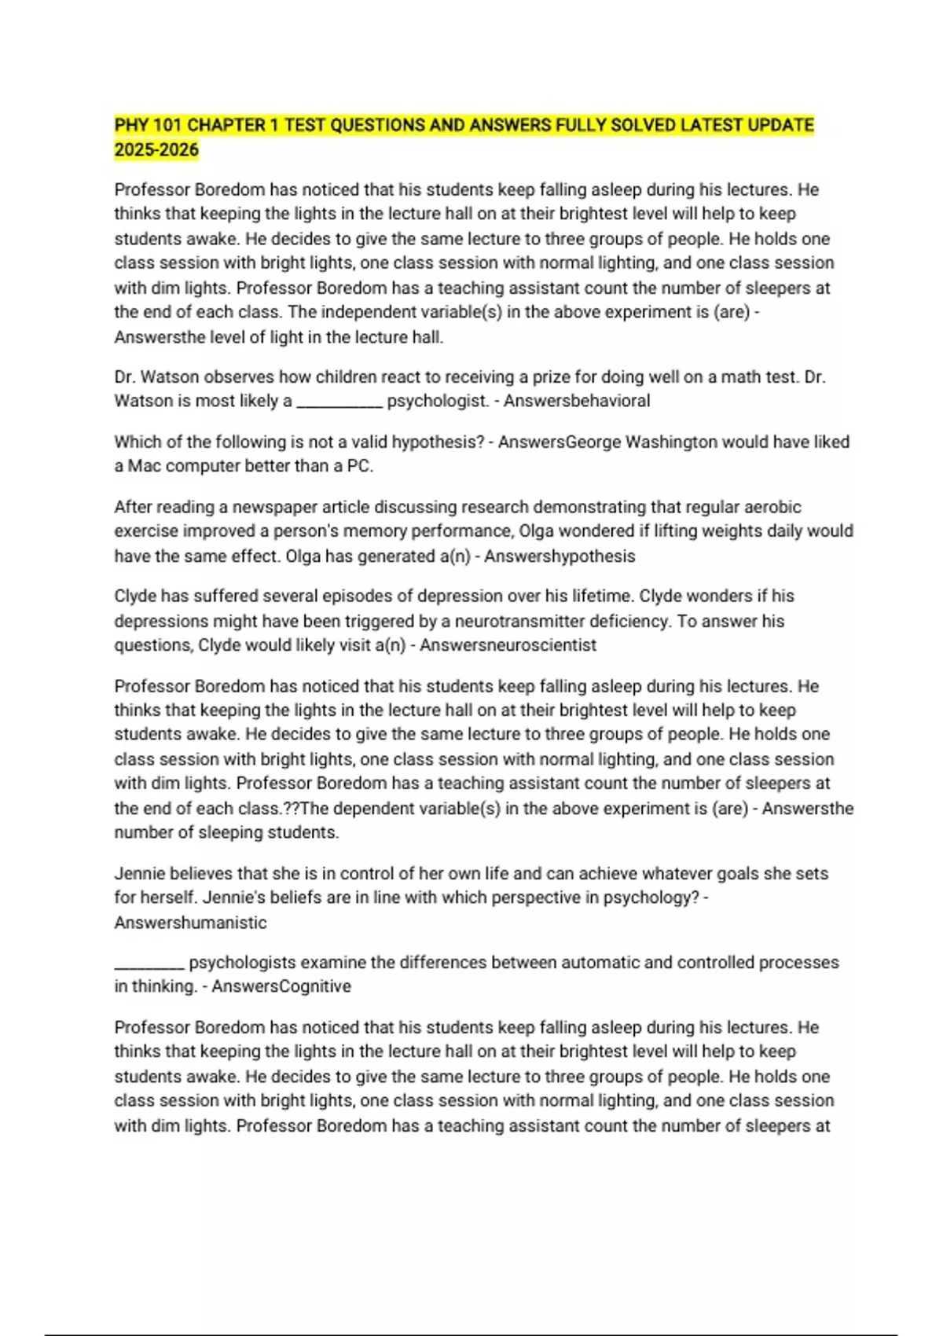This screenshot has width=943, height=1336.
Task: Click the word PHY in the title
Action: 130,125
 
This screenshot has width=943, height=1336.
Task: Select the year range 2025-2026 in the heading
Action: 156,150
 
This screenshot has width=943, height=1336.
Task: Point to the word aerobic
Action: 772,507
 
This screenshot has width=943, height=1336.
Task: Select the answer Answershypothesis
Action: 560,556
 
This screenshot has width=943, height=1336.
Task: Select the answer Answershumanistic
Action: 190,923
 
